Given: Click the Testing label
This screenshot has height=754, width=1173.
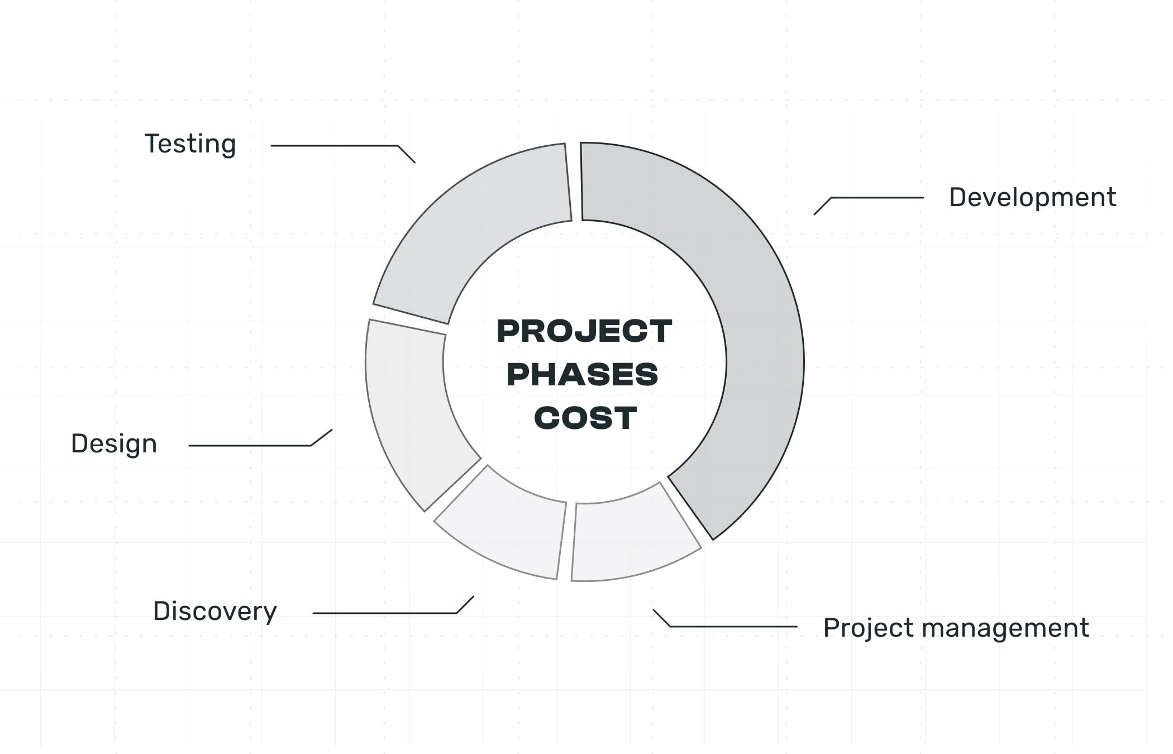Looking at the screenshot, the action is click(x=190, y=145).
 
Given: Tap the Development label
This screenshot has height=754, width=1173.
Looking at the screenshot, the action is click(x=1032, y=197).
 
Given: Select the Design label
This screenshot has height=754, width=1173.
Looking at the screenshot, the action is click(x=114, y=444).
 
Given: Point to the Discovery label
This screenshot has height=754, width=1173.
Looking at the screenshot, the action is click(x=215, y=612).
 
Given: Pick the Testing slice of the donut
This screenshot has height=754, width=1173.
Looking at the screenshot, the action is click(x=475, y=223).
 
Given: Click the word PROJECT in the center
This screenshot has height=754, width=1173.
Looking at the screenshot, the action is click(x=584, y=331).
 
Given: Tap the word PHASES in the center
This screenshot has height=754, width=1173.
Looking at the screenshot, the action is click(x=583, y=374).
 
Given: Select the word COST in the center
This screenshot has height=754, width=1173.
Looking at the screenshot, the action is click(x=585, y=418).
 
